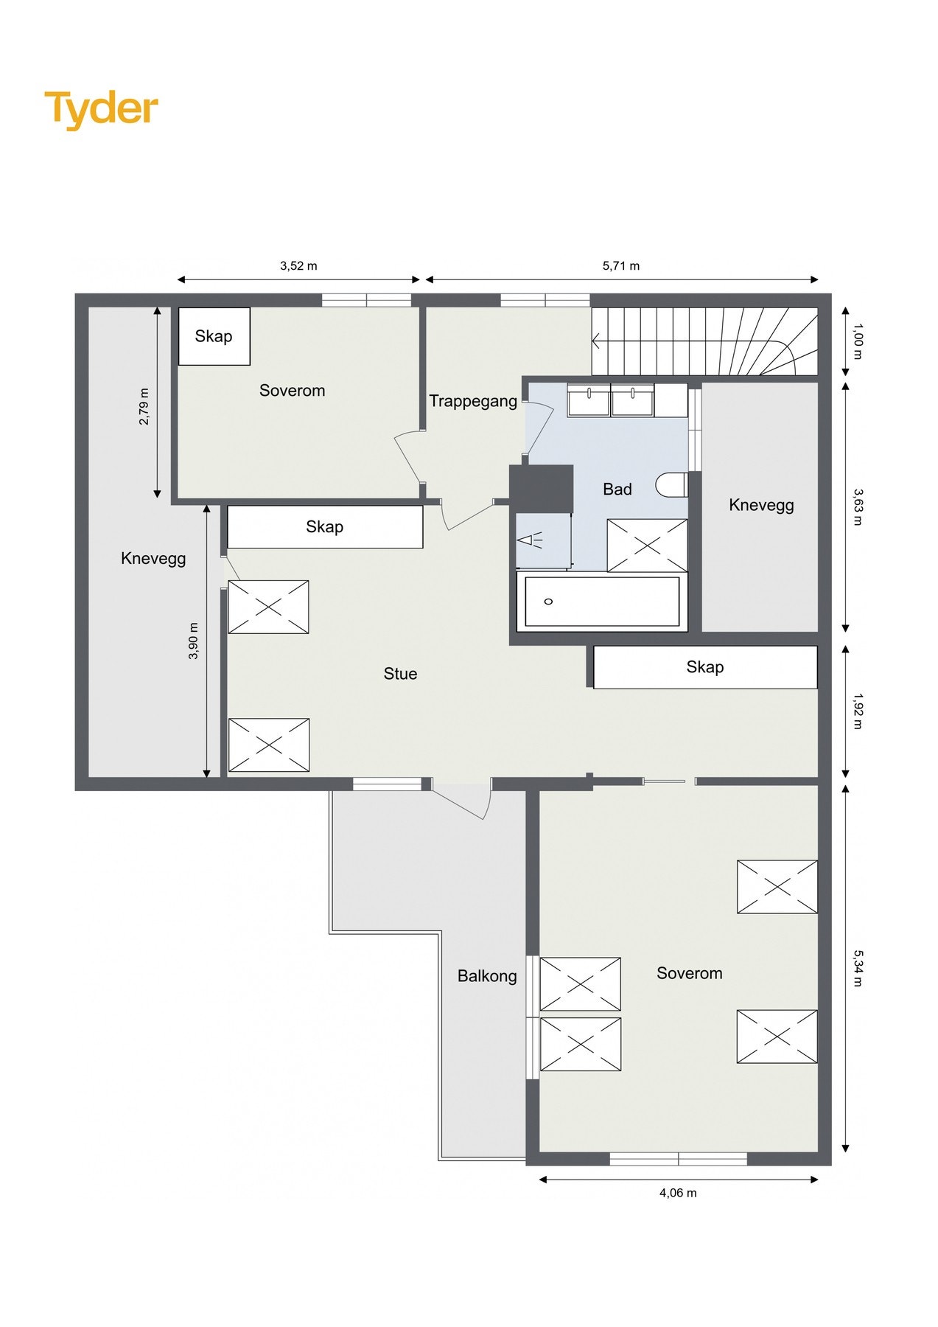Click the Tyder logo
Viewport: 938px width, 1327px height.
click(x=101, y=109)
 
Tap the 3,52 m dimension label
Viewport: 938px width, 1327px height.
click(x=298, y=266)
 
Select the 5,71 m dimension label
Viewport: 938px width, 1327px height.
click(x=620, y=266)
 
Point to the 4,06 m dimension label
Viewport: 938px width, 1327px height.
click(x=678, y=1193)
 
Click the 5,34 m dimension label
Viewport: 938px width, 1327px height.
click(x=857, y=968)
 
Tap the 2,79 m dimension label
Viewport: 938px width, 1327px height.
click(x=144, y=406)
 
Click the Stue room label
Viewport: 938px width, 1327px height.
click(x=400, y=674)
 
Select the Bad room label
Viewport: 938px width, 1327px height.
click(x=617, y=490)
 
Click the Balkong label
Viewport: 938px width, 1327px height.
click(x=487, y=976)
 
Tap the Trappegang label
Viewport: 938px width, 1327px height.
click(x=473, y=402)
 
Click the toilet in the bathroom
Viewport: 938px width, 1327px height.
click(x=672, y=485)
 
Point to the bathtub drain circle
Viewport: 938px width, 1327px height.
click(x=548, y=602)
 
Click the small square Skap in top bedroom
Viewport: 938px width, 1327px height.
click(x=214, y=336)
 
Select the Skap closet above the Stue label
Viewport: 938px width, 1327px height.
click(x=325, y=526)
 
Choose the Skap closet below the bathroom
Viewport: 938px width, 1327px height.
click(x=705, y=667)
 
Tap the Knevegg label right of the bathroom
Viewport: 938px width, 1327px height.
click(x=761, y=505)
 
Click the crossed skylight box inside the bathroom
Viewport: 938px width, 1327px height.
click(x=647, y=546)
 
